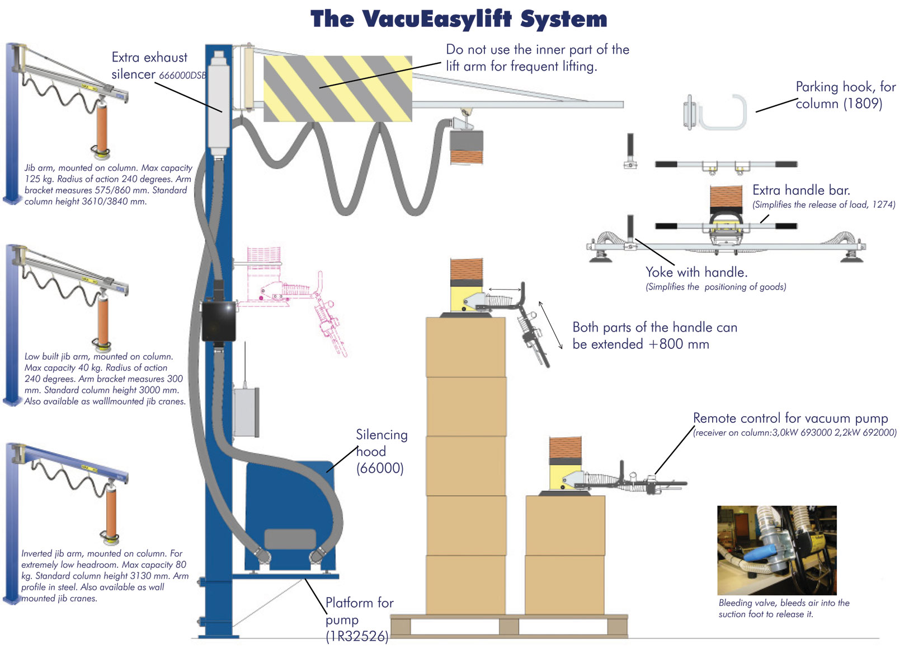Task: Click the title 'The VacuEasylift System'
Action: point(459,19)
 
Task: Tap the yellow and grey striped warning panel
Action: point(337,88)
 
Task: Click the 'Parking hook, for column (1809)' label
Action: point(845,95)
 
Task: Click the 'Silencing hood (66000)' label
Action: point(382,451)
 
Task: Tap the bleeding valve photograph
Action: point(776,550)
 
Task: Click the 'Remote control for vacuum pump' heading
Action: point(790,418)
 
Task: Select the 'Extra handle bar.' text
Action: point(801,190)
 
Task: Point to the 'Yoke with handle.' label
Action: point(696,273)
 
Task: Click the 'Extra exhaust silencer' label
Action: point(150,66)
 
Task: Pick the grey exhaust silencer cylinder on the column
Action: point(219,101)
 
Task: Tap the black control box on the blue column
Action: point(219,321)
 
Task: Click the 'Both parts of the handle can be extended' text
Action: point(654,335)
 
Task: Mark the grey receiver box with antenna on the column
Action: point(246,411)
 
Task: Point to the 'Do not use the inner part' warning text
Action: point(537,58)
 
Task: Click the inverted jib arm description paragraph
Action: point(104,576)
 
